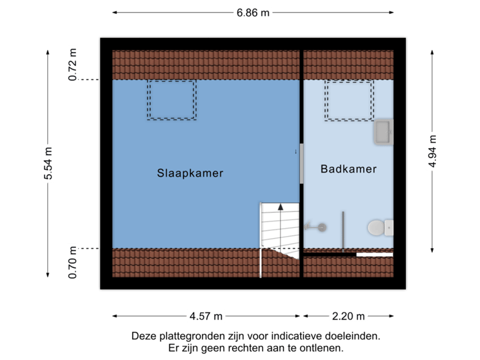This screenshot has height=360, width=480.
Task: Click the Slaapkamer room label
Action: (190, 173)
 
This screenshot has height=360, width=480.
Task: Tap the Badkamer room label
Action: (349, 169)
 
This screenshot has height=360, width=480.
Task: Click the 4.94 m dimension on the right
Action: (433, 153)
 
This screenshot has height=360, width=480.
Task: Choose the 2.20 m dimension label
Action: (348, 316)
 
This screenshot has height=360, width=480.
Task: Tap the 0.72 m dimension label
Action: (73, 64)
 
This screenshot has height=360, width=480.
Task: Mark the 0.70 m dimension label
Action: (73, 263)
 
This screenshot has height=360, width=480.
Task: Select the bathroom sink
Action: (383, 132)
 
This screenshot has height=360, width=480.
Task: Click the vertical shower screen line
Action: (343, 230)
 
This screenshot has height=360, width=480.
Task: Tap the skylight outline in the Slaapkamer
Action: (171, 100)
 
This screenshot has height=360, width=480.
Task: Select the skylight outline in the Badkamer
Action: (349, 100)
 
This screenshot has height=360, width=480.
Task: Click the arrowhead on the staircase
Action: (281, 207)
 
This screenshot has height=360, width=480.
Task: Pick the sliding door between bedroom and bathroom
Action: (301, 164)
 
